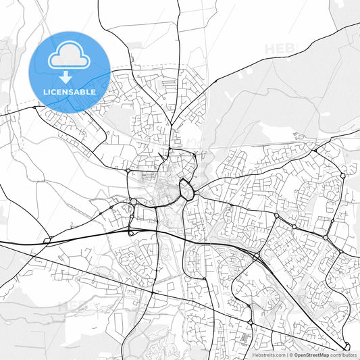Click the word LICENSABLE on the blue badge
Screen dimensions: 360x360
tap(70, 91)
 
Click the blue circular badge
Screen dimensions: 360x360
tap(70, 72)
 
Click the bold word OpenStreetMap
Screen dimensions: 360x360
tap(311, 354)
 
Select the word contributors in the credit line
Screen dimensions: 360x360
tap(343, 354)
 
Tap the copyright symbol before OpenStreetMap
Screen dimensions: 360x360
tap(290, 354)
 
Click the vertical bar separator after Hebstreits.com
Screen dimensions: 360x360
tap(286, 354)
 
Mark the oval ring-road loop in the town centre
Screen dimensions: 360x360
tap(186, 188)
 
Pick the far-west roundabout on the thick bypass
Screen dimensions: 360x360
tap(47, 240)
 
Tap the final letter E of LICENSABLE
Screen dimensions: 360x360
tap(93, 91)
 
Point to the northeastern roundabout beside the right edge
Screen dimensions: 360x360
tap(343, 176)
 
